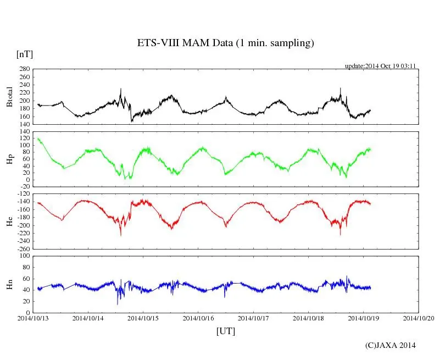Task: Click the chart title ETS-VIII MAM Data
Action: pyautogui.click(x=225, y=43)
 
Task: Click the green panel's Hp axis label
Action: pyautogui.click(x=10, y=159)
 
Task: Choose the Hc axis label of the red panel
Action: pyautogui.click(x=10, y=221)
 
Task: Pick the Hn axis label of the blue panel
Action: pyautogui.click(x=10, y=283)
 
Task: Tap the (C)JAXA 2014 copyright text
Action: pyautogui.click(x=391, y=345)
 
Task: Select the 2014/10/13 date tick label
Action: pyautogui.click(x=33, y=318)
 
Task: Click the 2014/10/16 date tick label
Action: pyautogui.click(x=198, y=318)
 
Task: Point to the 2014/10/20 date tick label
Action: pyautogui.click(x=419, y=318)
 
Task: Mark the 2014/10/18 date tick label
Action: pyautogui.click(x=308, y=318)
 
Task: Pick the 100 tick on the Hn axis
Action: pyautogui.click(x=25, y=256)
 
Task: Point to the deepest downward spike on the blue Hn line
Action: pyautogui.click(x=118, y=304)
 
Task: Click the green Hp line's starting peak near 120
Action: pyautogui.click(x=38, y=139)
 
